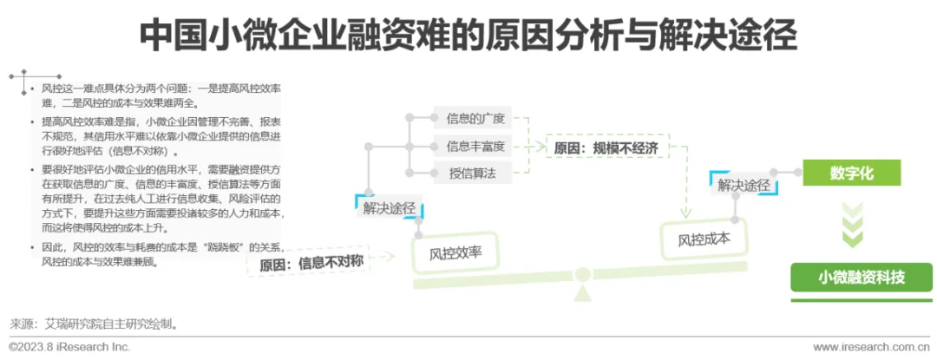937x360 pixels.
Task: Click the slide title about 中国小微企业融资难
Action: click(468, 36)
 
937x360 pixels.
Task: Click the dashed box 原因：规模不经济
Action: click(606, 147)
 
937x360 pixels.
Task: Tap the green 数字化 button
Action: click(851, 173)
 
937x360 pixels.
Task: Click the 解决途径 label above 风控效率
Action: click(389, 208)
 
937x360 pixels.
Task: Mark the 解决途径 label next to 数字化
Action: click(744, 184)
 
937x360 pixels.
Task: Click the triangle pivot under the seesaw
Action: click(579, 291)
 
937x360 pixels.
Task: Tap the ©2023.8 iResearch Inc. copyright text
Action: click(69, 347)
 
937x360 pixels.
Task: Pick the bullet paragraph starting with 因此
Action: click(156, 253)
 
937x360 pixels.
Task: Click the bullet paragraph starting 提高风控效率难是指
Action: click(156, 135)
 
